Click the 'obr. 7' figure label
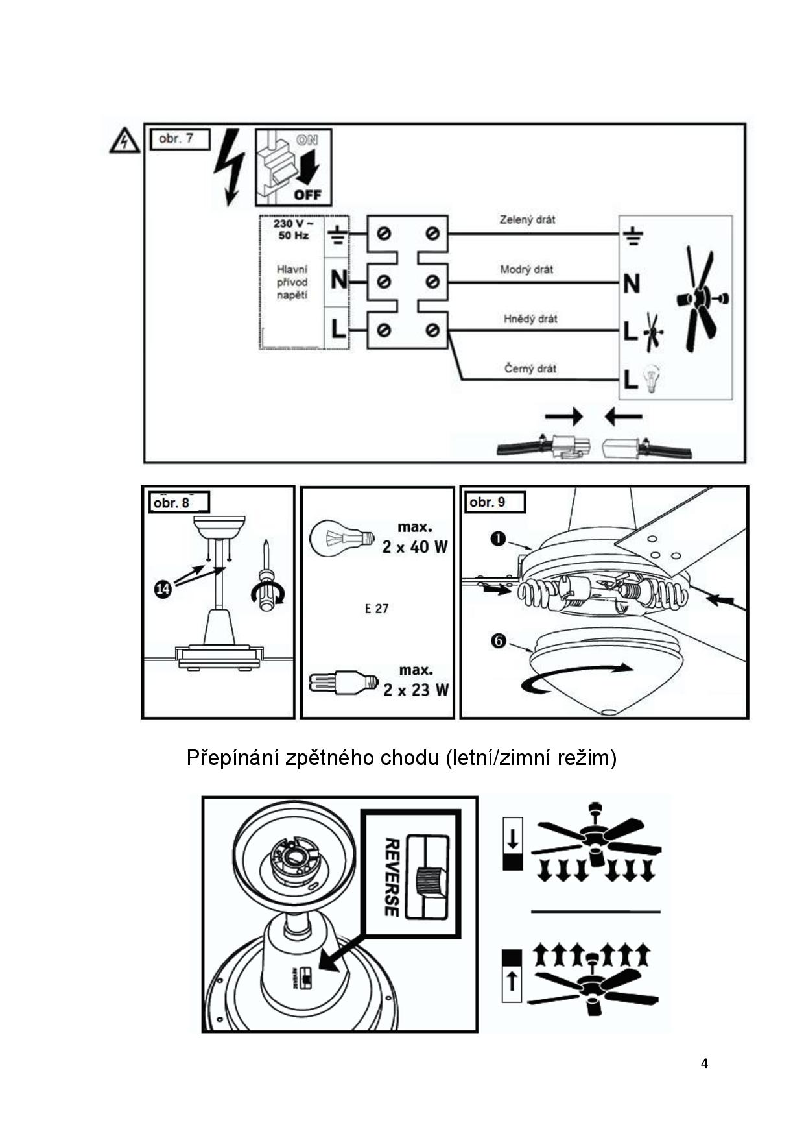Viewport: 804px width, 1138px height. click(x=176, y=139)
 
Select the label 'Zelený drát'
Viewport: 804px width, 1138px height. click(x=527, y=220)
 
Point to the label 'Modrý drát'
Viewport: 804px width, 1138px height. click(x=526, y=269)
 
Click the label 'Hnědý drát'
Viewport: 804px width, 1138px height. click(x=530, y=319)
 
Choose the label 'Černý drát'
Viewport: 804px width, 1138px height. click(x=530, y=369)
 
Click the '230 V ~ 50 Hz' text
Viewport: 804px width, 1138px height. click(x=293, y=229)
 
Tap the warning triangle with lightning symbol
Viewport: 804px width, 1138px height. click(x=124, y=141)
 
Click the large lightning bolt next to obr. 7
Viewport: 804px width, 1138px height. click(x=230, y=167)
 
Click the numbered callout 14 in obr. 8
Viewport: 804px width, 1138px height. click(x=163, y=588)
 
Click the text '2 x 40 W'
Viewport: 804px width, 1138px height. click(x=415, y=547)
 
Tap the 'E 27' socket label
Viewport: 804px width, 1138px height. click(x=377, y=609)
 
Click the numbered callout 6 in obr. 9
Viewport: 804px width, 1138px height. click(x=499, y=641)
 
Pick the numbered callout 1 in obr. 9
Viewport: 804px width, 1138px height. click(x=498, y=539)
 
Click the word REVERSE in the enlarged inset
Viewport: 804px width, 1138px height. click(x=391, y=877)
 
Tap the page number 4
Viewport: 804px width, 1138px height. click(x=704, y=1063)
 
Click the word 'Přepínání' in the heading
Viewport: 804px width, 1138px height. click(x=232, y=757)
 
